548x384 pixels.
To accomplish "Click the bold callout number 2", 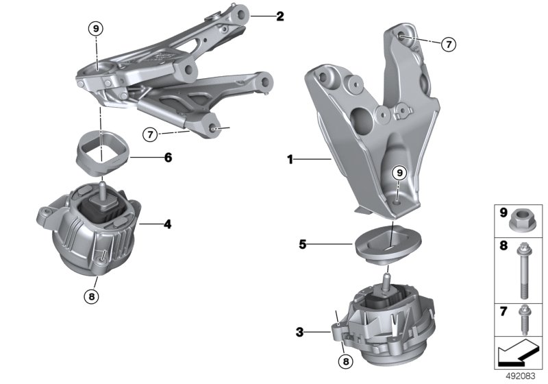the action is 280,16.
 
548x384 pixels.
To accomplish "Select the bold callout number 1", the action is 290,160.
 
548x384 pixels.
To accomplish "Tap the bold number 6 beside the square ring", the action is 168,158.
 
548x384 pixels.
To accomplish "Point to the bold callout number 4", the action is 168,224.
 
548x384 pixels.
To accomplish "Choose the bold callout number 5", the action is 303,244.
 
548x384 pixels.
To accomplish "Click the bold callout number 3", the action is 299,333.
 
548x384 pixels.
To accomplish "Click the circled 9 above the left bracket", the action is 96,29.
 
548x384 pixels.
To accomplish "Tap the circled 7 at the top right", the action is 449,45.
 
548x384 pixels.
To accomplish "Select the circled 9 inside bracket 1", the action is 399,173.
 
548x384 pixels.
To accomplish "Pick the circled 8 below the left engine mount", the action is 92,296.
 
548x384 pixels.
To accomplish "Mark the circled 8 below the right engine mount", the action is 346,361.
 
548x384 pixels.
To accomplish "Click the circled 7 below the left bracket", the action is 150,134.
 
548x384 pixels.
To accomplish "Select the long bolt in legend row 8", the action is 523,270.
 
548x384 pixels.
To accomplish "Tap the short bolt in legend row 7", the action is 523,320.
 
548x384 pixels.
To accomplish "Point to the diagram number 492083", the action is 521,376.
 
